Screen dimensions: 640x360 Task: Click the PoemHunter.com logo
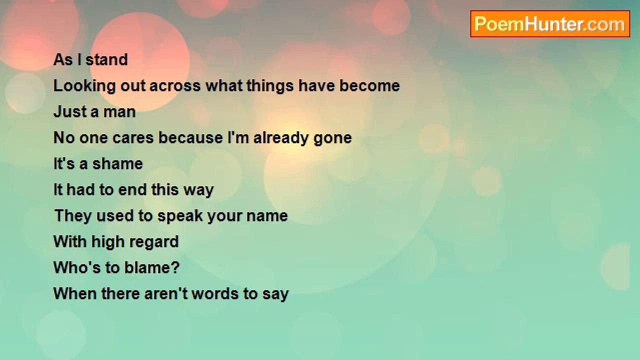click(550, 24)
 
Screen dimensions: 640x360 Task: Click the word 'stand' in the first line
click(106, 59)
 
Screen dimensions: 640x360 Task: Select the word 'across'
click(175, 86)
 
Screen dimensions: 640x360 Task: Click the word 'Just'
click(70, 111)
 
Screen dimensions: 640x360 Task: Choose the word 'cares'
click(133, 138)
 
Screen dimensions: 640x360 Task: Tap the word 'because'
click(190, 137)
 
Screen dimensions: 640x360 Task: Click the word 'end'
click(132, 189)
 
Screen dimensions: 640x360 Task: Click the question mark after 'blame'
click(175, 267)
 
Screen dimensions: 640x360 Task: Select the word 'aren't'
click(166, 293)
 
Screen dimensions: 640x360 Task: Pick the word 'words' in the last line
click(215, 293)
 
